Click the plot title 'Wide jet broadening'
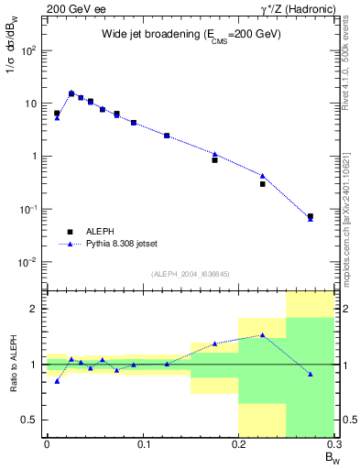pyautogui.click(x=191, y=34)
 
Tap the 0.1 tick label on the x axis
pyautogui.click(x=143, y=445)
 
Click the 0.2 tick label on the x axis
pyautogui.click(x=238, y=445)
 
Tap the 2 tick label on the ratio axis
pyautogui.click(x=35, y=309)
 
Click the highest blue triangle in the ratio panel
pyautogui.click(x=263, y=334)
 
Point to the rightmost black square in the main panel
pyautogui.click(x=311, y=216)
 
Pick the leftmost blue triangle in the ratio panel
pyautogui.click(x=57, y=380)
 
